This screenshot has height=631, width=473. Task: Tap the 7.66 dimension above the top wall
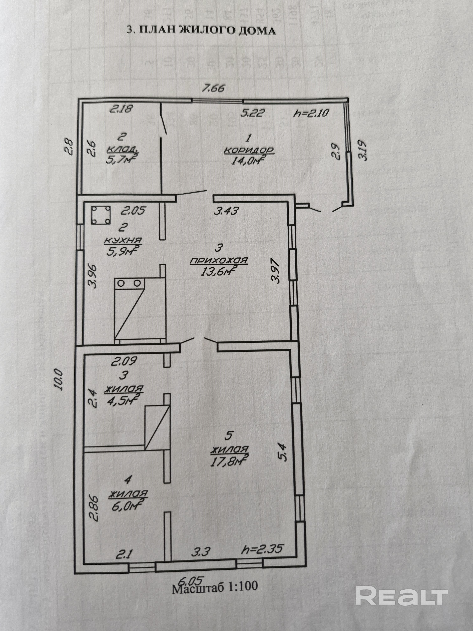[213, 88]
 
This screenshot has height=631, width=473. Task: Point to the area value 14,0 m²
[247, 161]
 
